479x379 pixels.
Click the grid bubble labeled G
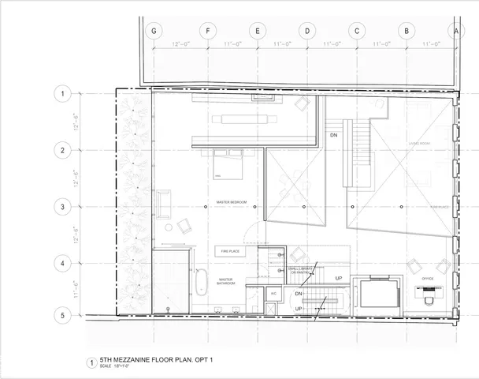154,32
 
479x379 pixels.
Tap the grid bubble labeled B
406,32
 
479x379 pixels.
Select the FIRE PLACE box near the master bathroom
230,251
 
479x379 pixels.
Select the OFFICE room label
428,278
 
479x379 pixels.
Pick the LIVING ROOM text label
418,143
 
